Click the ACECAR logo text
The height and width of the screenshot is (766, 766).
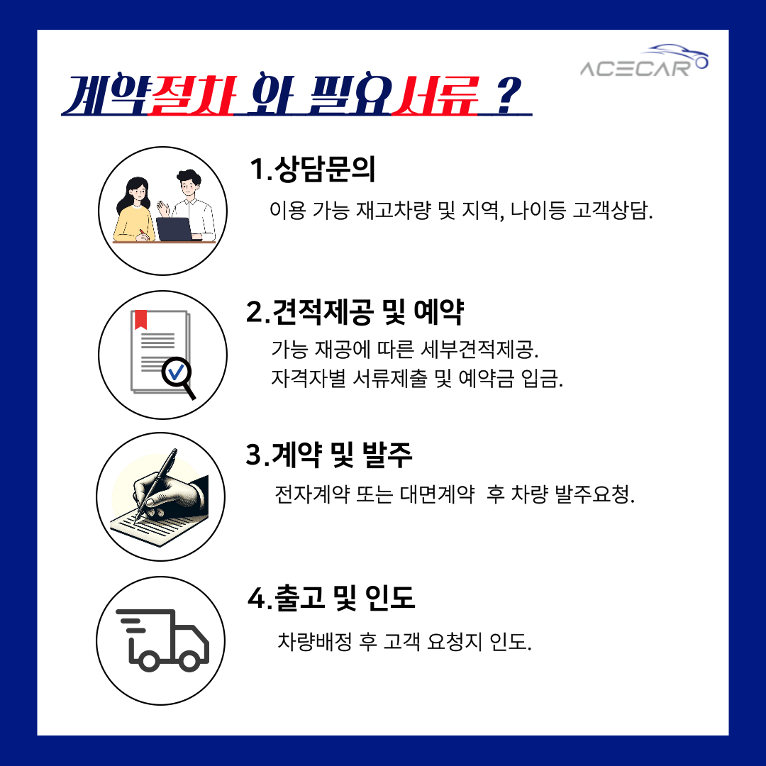pyautogui.click(x=635, y=68)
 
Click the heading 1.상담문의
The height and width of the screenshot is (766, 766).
pyautogui.click(x=313, y=170)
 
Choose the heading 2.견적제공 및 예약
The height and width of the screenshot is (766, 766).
pyautogui.click(x=355, y=311)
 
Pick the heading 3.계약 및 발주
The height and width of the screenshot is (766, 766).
pyautogui.click(x=329, y=455)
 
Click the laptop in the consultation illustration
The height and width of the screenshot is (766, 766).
pyautogui.click(x=174, y=228)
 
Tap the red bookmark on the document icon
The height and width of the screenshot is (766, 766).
pyautogui.click(x=141, y=320)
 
